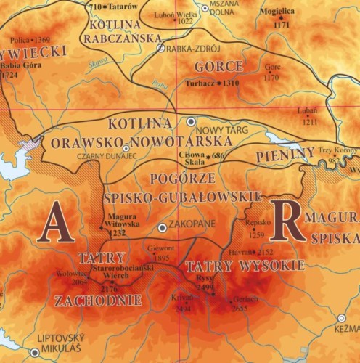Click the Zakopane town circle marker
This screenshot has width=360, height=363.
(x=163, y=228)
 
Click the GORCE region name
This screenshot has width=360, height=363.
(x=218, y=66)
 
